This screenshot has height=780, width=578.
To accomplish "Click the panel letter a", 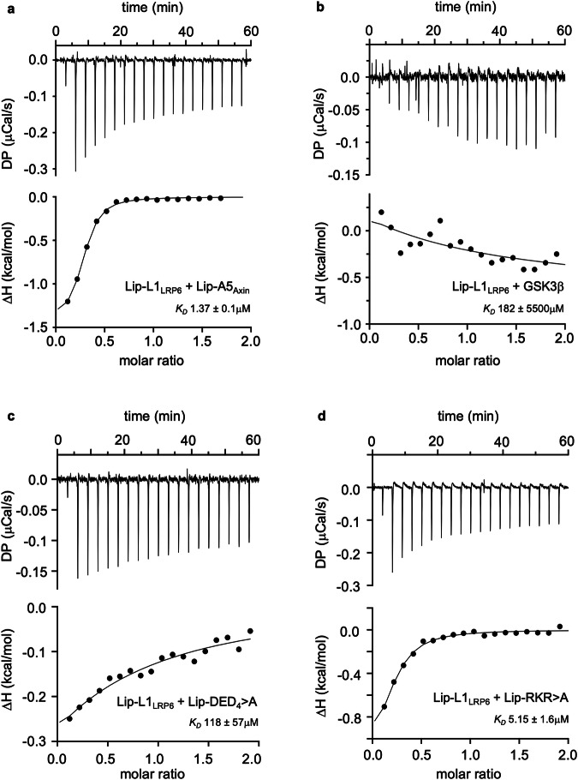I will [6, 7].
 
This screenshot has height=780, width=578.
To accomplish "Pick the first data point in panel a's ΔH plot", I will [68, 301].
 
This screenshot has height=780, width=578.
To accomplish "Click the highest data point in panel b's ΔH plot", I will [381, 212].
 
